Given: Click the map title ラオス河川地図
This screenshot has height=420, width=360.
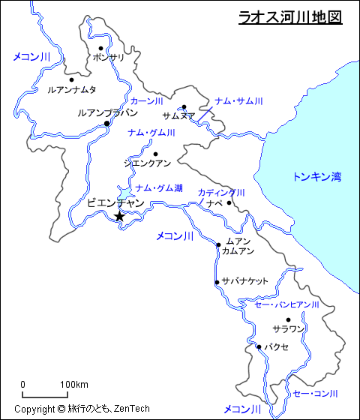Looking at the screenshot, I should click(289, 16).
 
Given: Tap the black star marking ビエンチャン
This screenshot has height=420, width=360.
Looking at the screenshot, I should click(119, 217).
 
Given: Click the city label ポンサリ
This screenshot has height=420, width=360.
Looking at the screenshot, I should click(110, 57).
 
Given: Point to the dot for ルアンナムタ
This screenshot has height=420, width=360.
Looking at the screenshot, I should click(71, 79).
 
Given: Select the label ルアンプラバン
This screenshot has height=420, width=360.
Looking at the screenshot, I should click(107, 112).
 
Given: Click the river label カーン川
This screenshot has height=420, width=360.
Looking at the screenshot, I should click(146, 101).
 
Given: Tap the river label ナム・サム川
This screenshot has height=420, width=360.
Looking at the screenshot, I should click(238, 101).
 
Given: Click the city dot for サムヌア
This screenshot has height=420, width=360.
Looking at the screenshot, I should click(184, 106).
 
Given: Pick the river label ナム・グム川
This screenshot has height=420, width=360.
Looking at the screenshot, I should click(151, 133).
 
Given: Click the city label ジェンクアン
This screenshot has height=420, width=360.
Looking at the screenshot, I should click(147, 163).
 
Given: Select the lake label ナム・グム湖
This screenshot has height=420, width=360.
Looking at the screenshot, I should click(158, 188).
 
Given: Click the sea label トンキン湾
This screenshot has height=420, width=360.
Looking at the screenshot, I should click(316, 177).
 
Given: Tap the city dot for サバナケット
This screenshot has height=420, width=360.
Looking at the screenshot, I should click(217, 282).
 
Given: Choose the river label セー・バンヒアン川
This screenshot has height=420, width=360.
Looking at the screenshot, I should click(287, 305).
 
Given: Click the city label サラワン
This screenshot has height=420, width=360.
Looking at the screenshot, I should click(288, 329).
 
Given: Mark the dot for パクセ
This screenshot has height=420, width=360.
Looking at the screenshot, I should click(259, 346).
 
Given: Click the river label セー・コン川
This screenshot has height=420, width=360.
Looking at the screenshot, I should click(315, 393).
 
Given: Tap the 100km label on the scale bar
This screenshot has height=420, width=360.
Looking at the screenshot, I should click(74, 385).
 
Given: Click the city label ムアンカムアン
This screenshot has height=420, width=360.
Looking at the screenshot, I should click(238, 246).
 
